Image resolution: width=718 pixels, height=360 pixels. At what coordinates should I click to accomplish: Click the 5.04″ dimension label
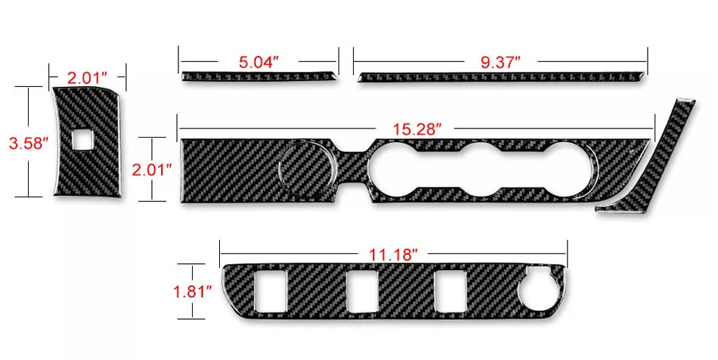click(258, 62)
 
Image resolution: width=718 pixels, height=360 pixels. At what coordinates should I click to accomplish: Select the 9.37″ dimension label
click(500, 62)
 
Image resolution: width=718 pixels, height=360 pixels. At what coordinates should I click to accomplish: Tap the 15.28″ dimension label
click(416, 129)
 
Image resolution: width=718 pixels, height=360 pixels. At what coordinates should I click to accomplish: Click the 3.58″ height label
click(29, 143)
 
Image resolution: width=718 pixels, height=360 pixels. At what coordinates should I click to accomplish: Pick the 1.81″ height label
click(192, 291)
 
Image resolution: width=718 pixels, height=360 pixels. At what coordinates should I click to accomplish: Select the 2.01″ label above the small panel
click(87, 78)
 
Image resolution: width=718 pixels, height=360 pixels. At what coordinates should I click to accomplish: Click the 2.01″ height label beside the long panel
click(152, 170)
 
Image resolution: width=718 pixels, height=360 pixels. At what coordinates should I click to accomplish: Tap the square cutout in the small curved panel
click(82, 139)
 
